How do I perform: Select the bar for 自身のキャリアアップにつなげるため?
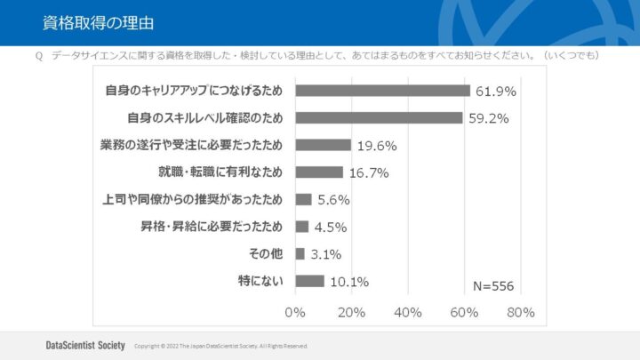pyautogui.click(x=382, y=91)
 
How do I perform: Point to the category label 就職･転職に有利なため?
pyautogui.click(x=220, y=172)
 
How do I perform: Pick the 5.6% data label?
pyautogui.click(x=333, y=200)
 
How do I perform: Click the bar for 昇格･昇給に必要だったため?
pyautogui.click(x=301, y=227)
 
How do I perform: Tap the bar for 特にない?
pyautogui.click(x=309, y=281)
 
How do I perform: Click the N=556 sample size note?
pyautogui.click(x=492, y=285)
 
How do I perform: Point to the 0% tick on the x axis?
pyautogui.click(x=294, y=313)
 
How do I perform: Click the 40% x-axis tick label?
pyautogui.click(x=407, y=313)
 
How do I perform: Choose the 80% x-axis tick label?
pyautogui.click(x=520, y=313)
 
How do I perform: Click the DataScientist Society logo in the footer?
pyautogui.click(x=85, y=345)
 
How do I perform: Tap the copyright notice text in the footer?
pyautogui.click(x=220, y=346)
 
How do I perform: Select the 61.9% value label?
pyautogui.click(x=496, y=92)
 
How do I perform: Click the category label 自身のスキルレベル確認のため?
pyautogui.click(x=205, y=118)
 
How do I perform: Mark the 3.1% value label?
pyautogui.click(x=325, y=255)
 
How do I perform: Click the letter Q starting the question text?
pyautogui.click(x=39, y=56)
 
